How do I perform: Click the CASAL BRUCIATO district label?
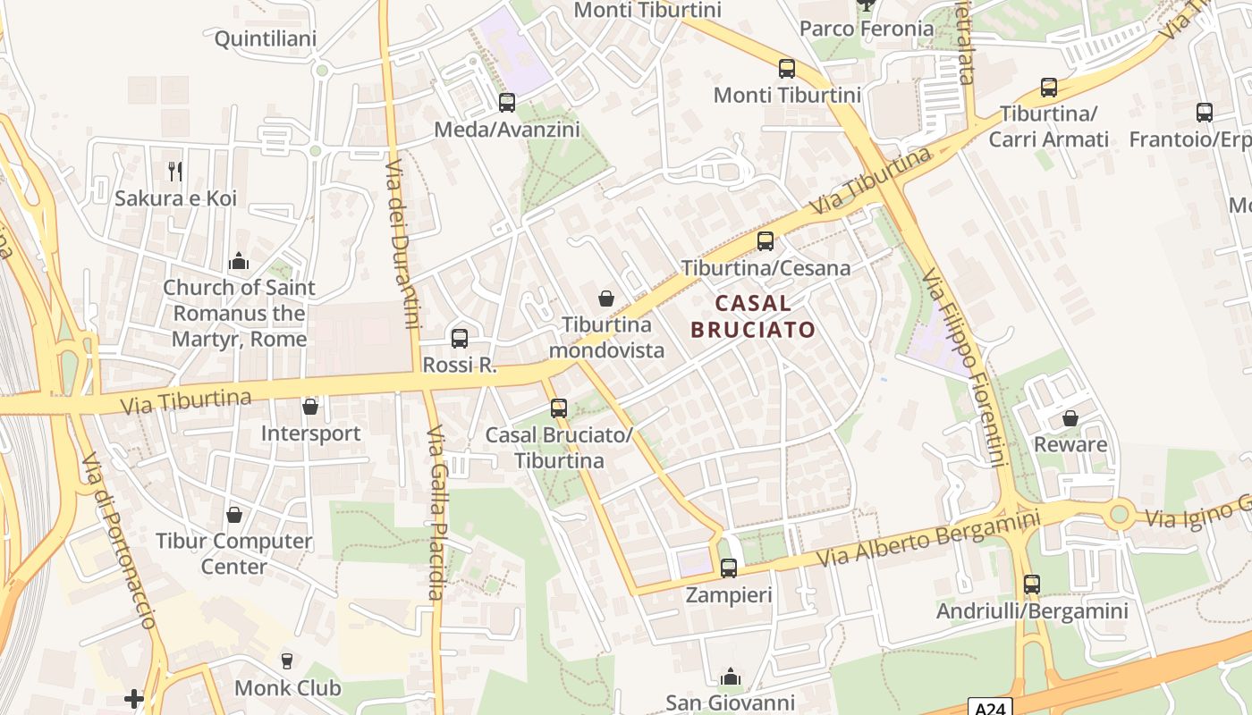click(x=753, y=316)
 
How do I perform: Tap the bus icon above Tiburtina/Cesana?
click(x=766, y=240)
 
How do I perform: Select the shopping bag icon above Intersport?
click(x=310, y=407)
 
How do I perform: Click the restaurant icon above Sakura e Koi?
click(x=175, y=171)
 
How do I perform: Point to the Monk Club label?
click(x=287, y=687)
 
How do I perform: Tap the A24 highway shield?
click(x=991, y=706)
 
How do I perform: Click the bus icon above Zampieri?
click(x=729, y=568)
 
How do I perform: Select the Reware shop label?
click(x=1070, y=444)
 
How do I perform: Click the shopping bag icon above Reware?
click(x=1070, y=417)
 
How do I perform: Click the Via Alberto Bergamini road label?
click(x=930, y=538)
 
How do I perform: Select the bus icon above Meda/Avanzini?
click(x=507, y=103)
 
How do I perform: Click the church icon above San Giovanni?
click(x=731, y=677)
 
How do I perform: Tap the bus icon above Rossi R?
click(x=460, y=338)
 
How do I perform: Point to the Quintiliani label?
click(x=266, y=39)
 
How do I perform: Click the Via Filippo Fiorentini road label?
click(x=966, y=366)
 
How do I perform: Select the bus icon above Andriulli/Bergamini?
click(x=1032, y=585)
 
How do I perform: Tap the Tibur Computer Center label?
click(x=234, y=553)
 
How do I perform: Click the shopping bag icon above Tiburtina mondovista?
click(x=606, y=298)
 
